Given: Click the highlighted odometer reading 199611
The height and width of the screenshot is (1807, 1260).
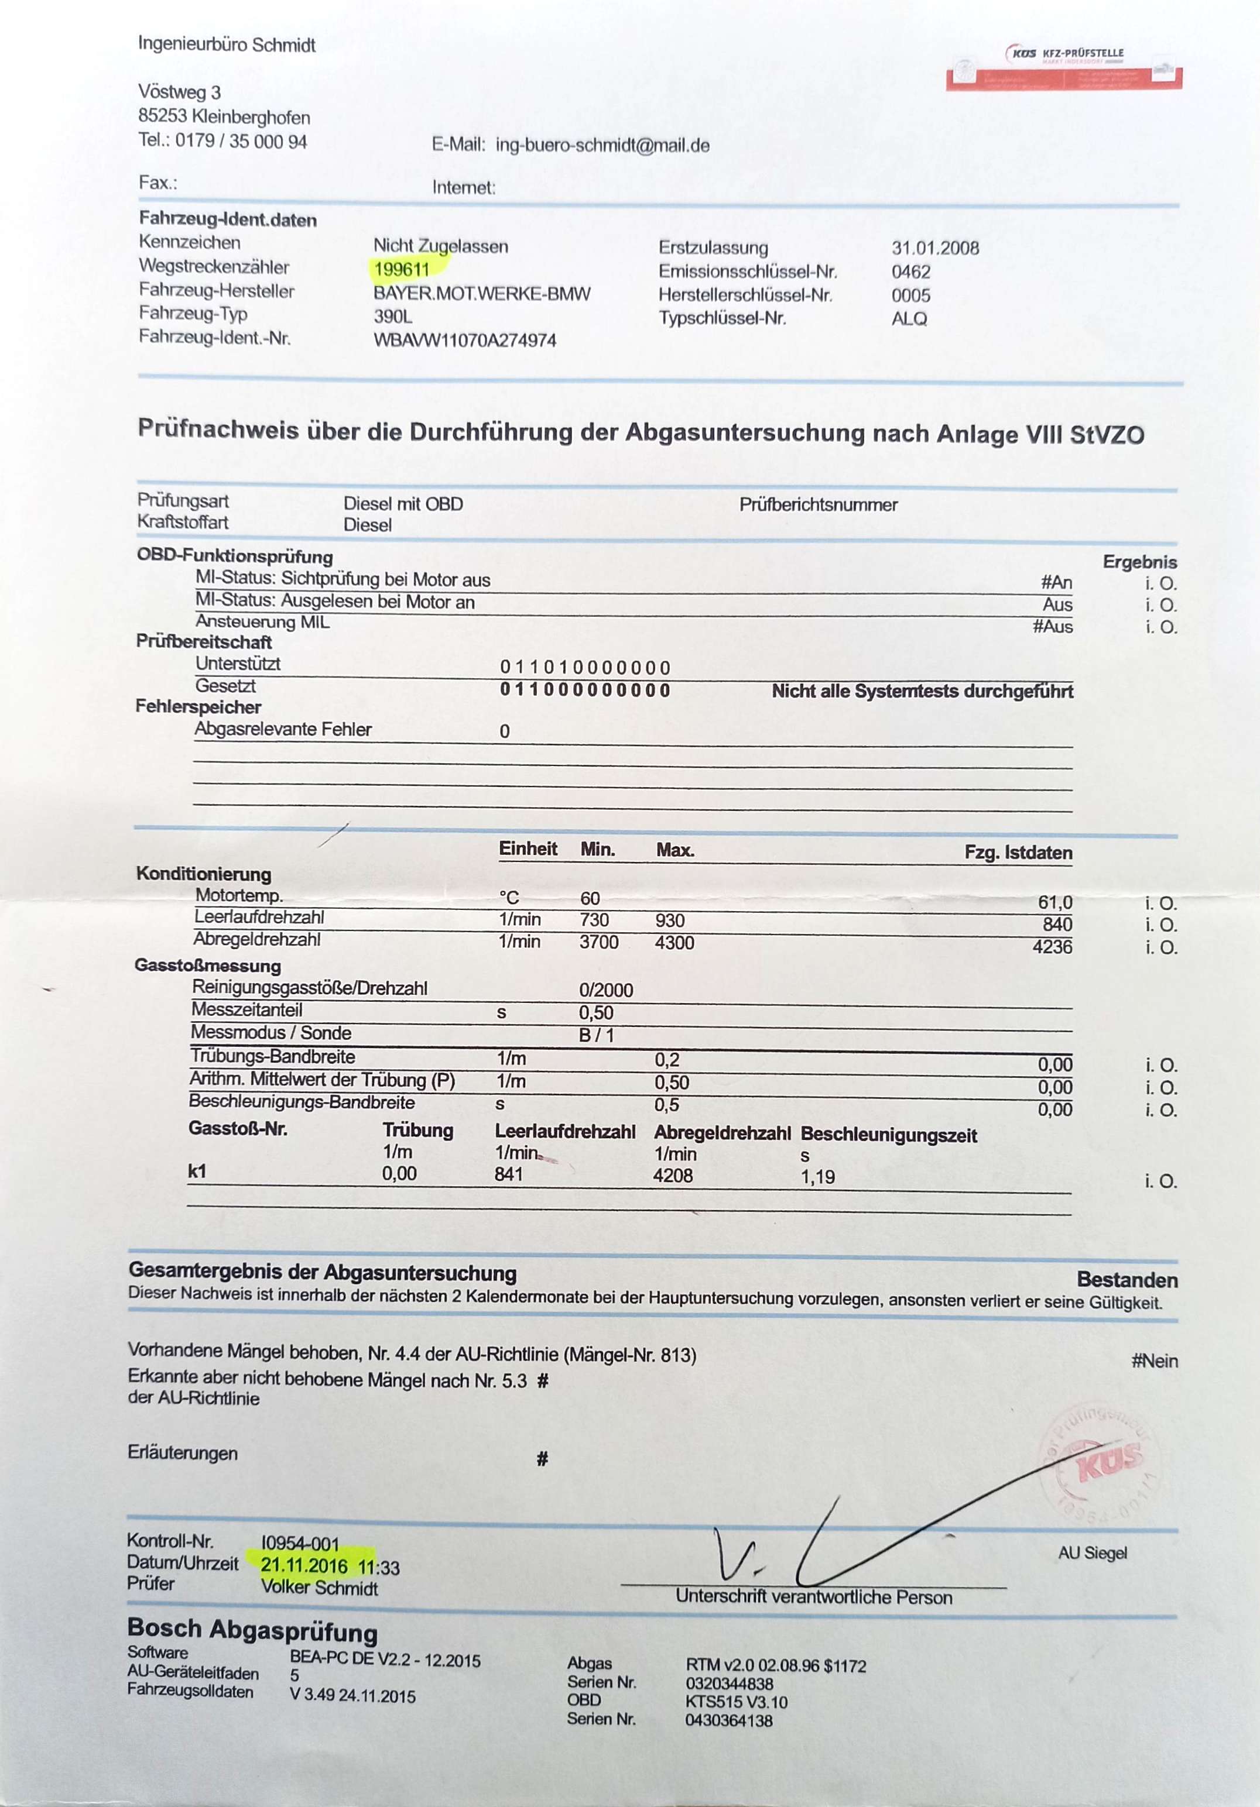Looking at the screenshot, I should [402, 270].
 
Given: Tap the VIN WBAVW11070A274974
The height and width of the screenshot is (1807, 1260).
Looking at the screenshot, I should [465, 341].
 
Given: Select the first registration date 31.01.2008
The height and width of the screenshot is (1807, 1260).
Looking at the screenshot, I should [935, 248].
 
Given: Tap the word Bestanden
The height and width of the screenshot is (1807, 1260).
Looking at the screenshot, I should [1127, 1280].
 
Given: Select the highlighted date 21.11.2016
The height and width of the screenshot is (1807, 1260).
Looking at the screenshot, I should [304, 1565].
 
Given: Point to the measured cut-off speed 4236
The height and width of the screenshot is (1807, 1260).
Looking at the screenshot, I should [1052, 947].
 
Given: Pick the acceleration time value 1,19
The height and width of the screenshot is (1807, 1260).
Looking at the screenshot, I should [817, 1177].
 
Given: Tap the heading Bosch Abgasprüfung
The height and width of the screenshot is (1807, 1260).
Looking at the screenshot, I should [252, 1629].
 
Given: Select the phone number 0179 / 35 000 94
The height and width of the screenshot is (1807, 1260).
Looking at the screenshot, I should [241, 142].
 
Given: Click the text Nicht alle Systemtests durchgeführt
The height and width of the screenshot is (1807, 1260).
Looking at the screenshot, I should [922, 691].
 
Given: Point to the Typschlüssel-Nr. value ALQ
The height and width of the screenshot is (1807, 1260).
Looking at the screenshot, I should [909, 319].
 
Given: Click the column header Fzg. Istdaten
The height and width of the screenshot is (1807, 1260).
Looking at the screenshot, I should [1018, 853].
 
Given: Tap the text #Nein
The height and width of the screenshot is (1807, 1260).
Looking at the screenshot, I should [1155, 1361].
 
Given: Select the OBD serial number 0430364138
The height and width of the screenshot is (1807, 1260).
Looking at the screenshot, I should [728, 1720].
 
